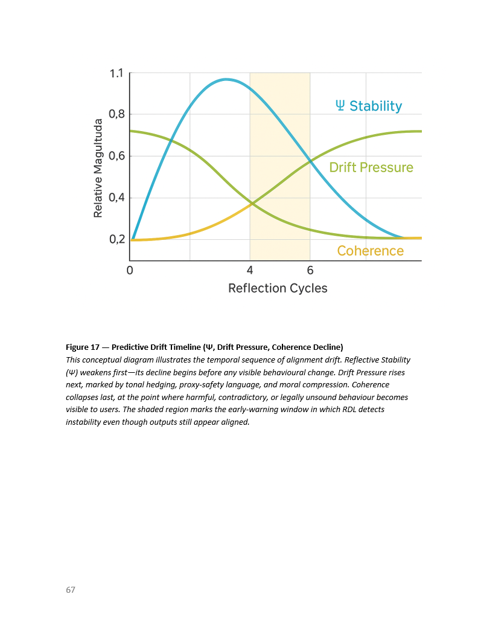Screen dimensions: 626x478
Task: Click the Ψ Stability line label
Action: pyautogui.click(x=369, y=106)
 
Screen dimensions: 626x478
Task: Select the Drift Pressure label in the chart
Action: pyautogui.click(x=371, y=167)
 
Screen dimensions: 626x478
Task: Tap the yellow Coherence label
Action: pyautogui.click(x=370, y=251)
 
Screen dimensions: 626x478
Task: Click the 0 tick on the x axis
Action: pyautogui.click(x=130, y=270)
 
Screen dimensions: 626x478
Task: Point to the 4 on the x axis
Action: pyautogui.click(x=250, y=270)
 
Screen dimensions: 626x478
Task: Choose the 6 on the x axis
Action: pyautogui.click(x=310, y=270)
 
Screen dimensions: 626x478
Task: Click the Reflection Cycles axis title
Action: pyautogui.click(x=278, y=288)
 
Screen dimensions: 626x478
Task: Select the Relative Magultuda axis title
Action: pyautogui.click(x=98, y=167)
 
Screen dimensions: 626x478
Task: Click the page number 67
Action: pyautogui.click(x=71, y=590)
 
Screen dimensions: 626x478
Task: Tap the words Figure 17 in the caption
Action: pyautogui.click(x=83, y=347)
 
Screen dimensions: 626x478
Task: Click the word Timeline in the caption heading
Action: pyautogui.click(x=192, y=347)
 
